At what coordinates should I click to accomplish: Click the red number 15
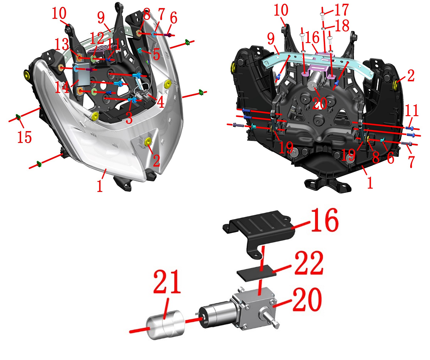tap(25, 137)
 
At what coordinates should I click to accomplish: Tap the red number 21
tap(167, 281)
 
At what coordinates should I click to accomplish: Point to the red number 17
tap(341, 10)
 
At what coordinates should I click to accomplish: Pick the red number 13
tap(61, 44)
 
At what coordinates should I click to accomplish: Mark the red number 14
tap(62, 87)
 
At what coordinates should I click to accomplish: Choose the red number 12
tap(97, 38)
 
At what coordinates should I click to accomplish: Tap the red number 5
tap(157, 55)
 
